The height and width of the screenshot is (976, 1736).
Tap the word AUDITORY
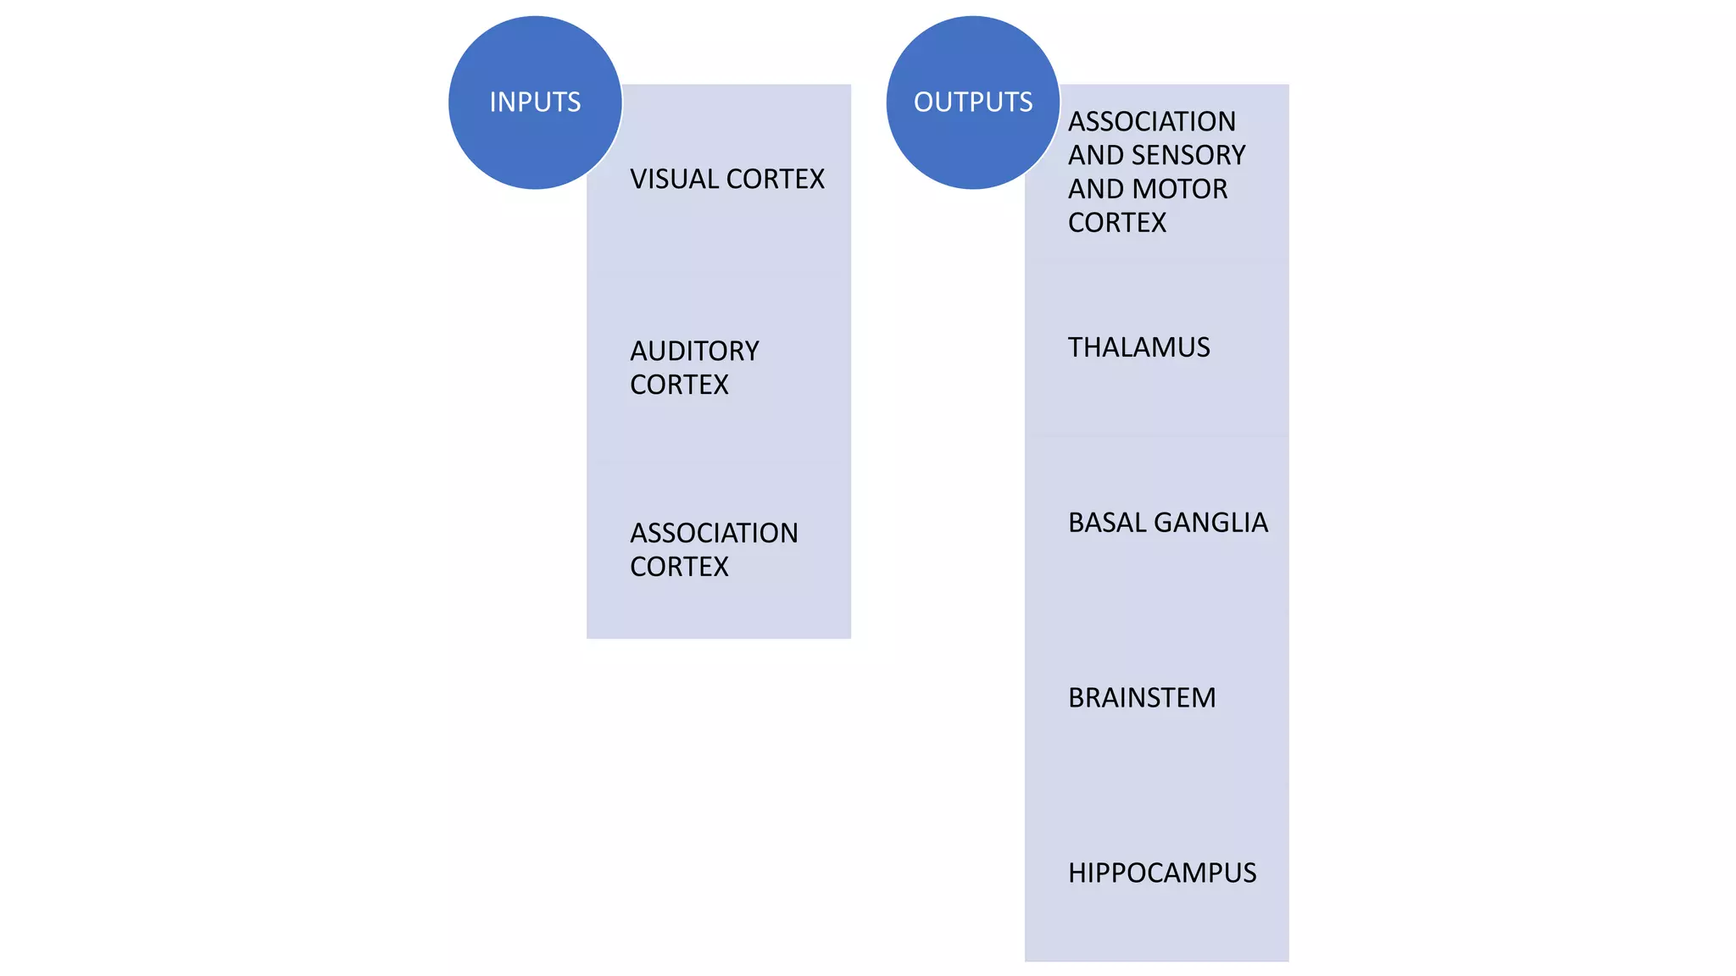tap(694, 351)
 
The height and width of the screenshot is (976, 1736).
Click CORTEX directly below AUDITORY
tap(679, 385)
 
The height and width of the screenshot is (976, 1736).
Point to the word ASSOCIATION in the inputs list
tap(714, 533)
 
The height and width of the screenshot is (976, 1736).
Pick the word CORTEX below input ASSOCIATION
tap(679, 567)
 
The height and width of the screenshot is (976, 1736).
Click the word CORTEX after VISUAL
tap(775, 180)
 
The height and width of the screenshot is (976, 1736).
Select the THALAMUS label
tap(1138, 347)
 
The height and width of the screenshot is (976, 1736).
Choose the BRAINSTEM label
tap(1142, 698)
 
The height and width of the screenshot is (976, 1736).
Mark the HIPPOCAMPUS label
tap(1162, 873)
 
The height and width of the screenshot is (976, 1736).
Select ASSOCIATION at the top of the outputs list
tap(1151, 122)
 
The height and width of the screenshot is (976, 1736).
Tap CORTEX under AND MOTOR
tap(1117, 223)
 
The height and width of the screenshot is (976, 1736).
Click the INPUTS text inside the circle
tap(535, 103)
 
